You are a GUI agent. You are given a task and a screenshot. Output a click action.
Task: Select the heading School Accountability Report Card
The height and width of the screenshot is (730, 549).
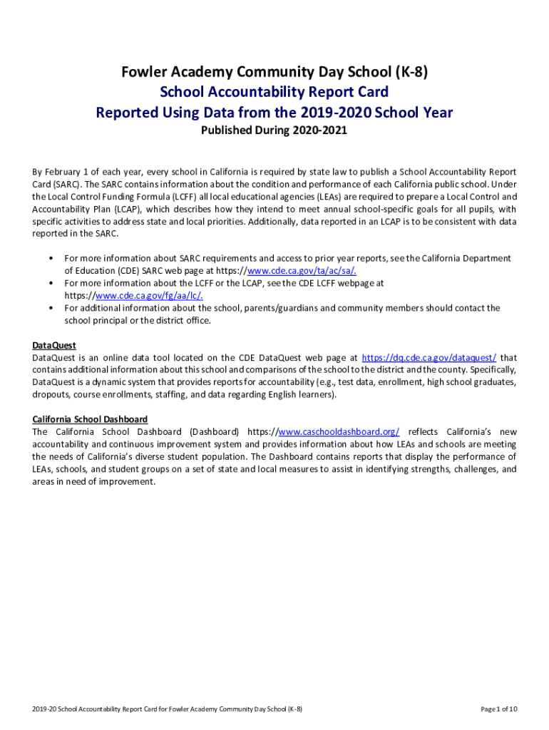tap(274, 92)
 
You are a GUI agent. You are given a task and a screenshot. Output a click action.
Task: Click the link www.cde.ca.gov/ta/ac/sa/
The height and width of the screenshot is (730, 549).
tap(302, 270)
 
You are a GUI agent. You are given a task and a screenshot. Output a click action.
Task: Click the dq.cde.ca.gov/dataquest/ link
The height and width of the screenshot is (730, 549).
tap(429, 357)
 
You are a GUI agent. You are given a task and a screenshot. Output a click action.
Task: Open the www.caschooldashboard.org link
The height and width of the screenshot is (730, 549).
tap(339, 432)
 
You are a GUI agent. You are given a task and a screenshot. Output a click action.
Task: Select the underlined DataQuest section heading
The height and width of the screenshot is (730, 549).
tap(54, 345)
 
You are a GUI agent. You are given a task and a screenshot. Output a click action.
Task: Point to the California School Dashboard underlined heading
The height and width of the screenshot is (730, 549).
tap(90, 419)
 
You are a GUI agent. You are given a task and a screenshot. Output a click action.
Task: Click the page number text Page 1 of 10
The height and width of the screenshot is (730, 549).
tap(498, 709)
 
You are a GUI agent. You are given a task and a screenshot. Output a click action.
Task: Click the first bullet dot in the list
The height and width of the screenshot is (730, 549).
tap(52, 258)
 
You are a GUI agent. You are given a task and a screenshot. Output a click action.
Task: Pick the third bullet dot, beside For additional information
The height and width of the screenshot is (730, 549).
tap(52, 308)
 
